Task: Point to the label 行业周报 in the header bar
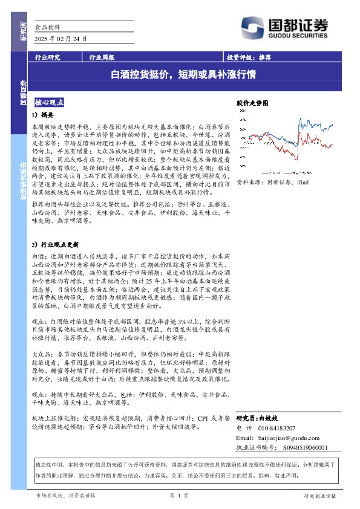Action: tap(102, 58)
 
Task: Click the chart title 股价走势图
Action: tap(251, 103)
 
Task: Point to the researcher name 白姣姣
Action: tap(266, 418)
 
